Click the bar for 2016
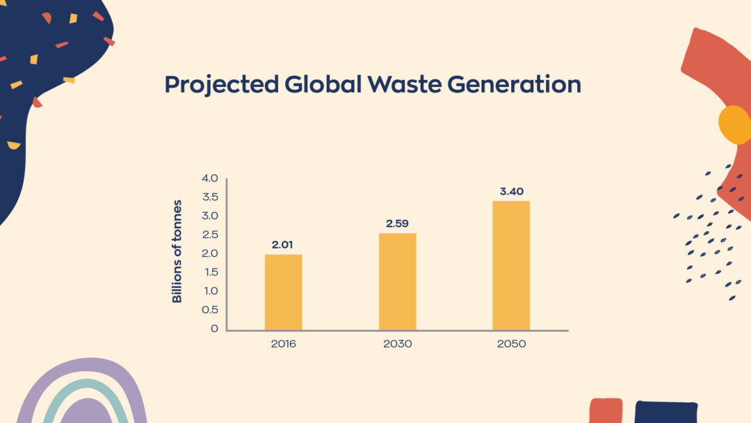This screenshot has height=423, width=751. [283, 292]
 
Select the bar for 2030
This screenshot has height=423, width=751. [397, 282]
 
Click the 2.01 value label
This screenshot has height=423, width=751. [283, 245]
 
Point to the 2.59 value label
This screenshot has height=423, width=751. [397, 224]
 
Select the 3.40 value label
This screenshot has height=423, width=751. [511, 191]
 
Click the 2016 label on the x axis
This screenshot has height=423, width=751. [283, 344]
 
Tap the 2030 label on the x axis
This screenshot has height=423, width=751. [397, 344]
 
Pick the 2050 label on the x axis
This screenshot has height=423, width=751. [511, 344]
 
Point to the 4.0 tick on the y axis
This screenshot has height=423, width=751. [209, 179]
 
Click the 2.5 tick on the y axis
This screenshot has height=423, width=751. [209, 235]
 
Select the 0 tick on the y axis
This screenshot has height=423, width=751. [214, 328]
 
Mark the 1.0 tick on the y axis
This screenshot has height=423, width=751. [210, 291]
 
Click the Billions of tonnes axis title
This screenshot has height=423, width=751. [177, 251]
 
